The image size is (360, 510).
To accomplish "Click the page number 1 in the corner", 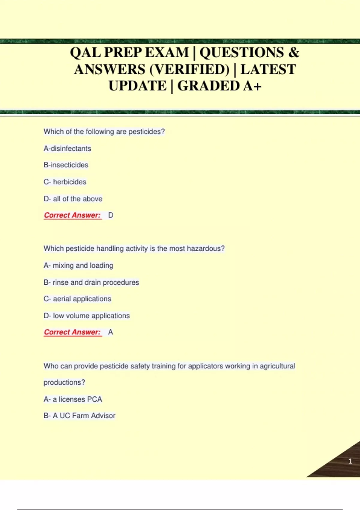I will (350, 461).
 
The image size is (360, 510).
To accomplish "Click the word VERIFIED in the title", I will (189, 70).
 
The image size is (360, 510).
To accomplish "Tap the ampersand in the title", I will (294, 52).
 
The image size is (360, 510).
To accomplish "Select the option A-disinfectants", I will (67, 148).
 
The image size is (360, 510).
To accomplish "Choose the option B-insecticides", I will (66, 165).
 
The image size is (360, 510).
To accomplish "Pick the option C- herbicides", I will (65, 182).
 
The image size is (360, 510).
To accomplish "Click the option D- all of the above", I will (73, 199).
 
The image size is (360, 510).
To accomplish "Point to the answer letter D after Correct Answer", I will (111, 215).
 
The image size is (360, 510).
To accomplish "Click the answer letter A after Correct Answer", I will (110, 332).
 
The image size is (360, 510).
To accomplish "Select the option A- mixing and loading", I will (78, 265).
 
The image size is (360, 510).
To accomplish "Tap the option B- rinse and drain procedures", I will (91, 282).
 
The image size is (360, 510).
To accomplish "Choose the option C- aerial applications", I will (77, 299).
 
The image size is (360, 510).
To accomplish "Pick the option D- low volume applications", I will (87, 316).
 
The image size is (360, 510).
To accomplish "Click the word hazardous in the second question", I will (205, 248).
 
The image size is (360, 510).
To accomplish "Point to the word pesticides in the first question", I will (146, 132).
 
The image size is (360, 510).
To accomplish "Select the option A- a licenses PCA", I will (73, 399).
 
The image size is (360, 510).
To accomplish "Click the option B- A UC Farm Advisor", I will (79, 415).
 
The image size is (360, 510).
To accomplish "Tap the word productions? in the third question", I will (64, 382).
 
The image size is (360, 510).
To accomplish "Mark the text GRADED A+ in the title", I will (219, 86).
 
